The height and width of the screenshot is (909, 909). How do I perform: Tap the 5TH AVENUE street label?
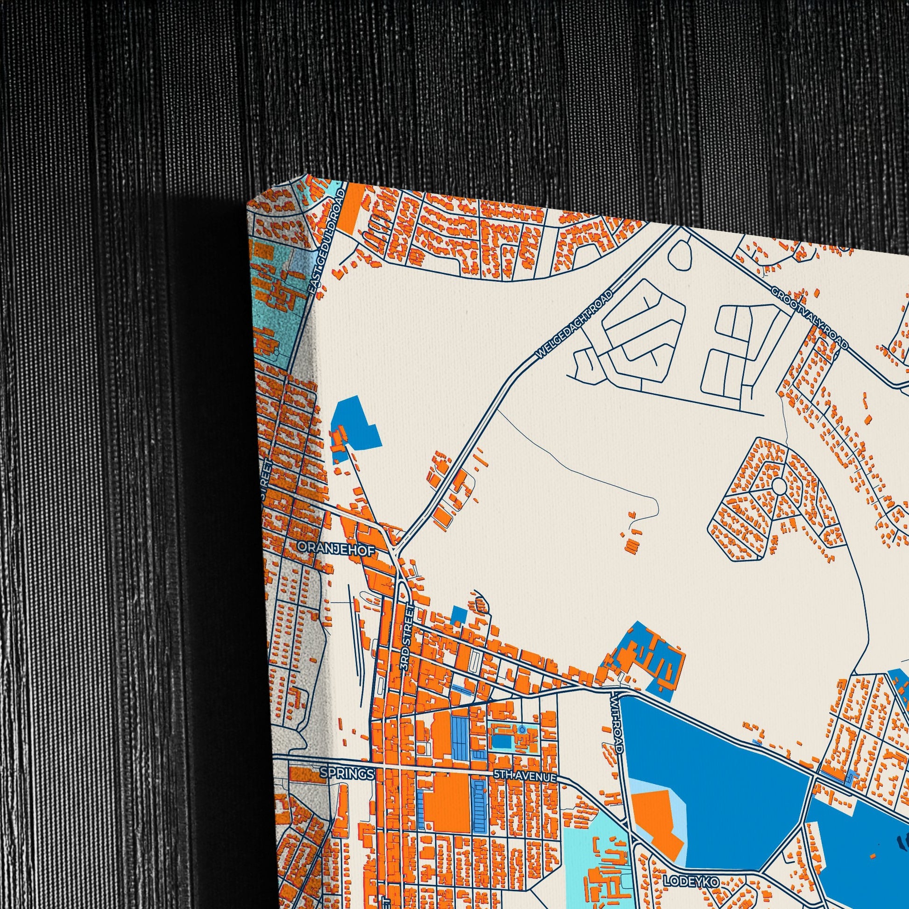click(525, 776)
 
